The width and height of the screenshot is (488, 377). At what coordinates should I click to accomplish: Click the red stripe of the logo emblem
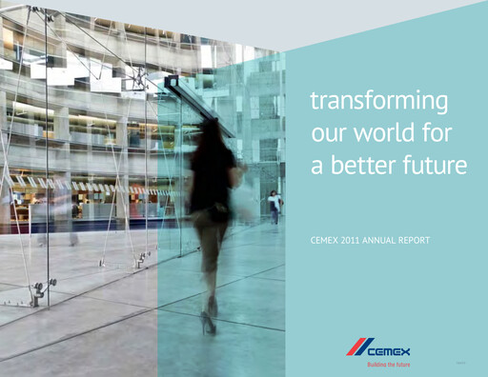click(x=355, y=346)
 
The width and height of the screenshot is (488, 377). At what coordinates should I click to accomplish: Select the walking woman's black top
click(x=213, y=178)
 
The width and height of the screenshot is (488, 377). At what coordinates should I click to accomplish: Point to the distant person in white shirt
click(x=274, y=204)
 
